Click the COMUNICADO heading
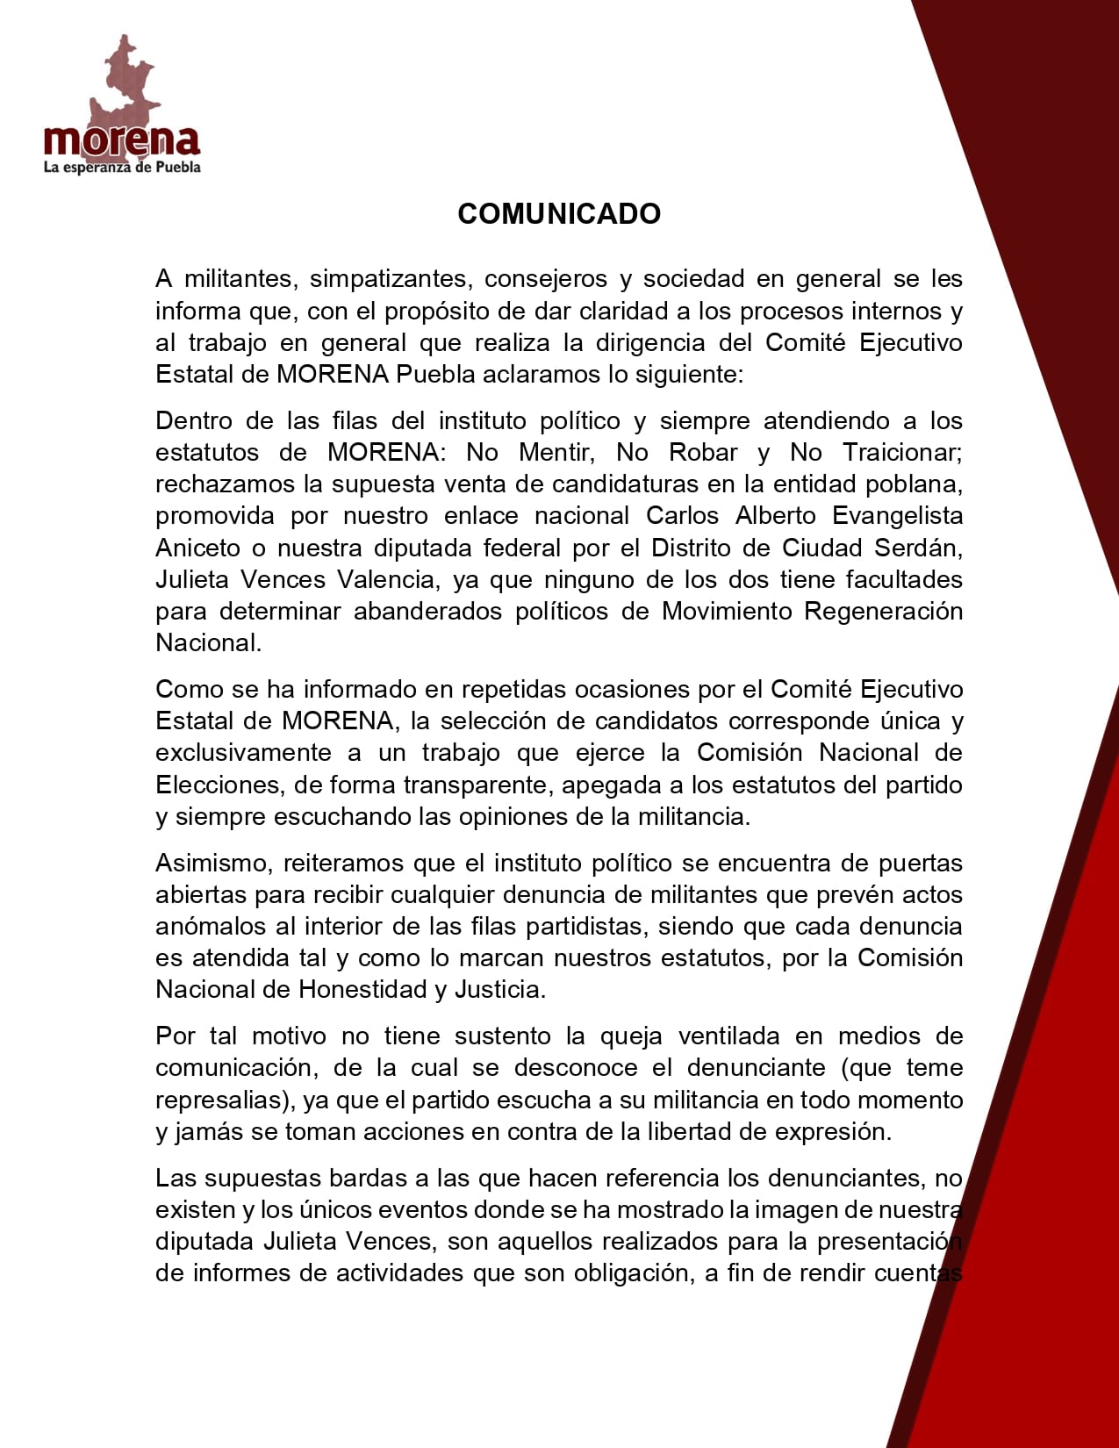click(x=559, y=214)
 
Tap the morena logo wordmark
click(x=122, y=140)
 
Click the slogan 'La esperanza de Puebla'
click(x=122, y=168)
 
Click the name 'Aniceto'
click(x=197, y=548)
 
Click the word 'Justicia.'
click(x=500, y=990)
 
